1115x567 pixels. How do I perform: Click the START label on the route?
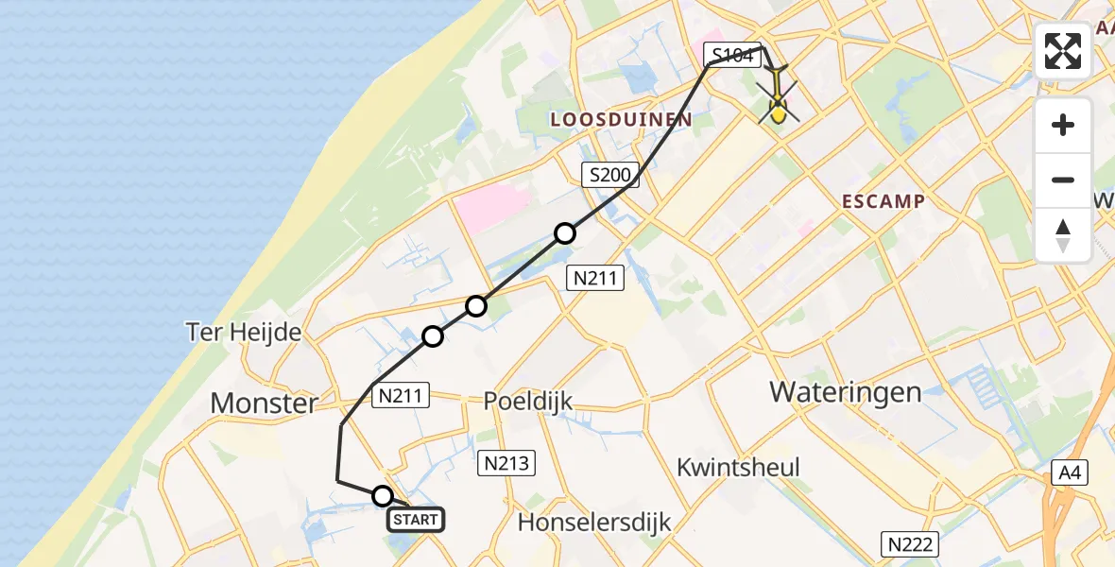[415, 520]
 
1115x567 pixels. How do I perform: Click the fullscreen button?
[1063, 51]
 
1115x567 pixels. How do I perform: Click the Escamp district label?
[884, 201]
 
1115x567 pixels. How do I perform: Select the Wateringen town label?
[846, 391]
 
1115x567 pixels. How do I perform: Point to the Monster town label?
[264, 404]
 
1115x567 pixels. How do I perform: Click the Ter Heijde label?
[245, 332]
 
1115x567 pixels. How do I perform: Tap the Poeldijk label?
[528, 401]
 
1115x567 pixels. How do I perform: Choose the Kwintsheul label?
[739, 467]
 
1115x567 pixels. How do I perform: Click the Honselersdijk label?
[594, 522]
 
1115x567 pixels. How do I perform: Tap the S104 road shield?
[732, 56]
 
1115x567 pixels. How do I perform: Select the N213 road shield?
[507, 463]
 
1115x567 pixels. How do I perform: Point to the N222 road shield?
[911, 543]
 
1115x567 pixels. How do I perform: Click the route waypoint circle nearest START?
[383, 496]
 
